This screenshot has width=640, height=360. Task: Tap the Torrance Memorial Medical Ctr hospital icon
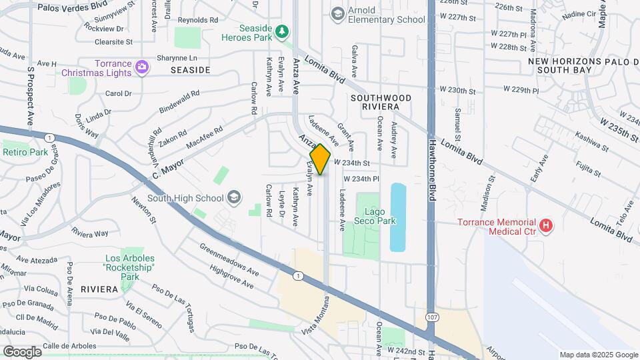546,226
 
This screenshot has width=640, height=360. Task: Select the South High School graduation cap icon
234,197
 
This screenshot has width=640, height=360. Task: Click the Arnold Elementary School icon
338,14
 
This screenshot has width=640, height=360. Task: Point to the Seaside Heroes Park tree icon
283,31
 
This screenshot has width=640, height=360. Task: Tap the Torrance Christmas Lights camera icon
141,66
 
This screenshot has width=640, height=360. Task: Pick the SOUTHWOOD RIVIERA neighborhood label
381,102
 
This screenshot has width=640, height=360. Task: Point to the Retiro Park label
25,153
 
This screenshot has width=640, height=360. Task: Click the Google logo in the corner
22,351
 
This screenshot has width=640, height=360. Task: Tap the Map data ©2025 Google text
598,355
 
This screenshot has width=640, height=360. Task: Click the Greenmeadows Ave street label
229,259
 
